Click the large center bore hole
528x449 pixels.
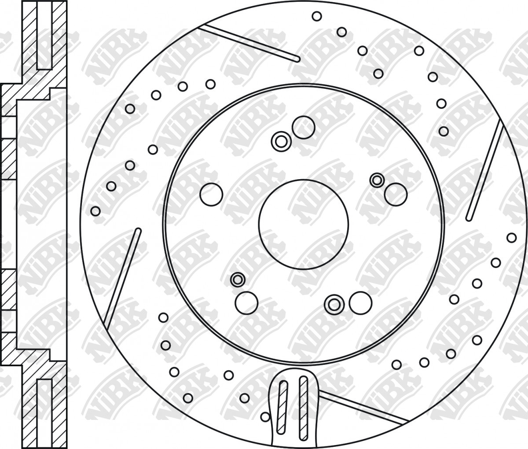click(304, 224)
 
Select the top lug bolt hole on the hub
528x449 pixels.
click(304, 127)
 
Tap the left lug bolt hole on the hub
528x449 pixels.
click(211, 195)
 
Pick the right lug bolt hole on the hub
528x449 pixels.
click(396, 194)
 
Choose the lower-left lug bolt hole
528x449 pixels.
click(246, 303)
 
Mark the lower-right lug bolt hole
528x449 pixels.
click(360, 303)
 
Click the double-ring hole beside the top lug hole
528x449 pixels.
click(281, 141)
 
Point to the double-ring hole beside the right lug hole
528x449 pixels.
click(377, 180)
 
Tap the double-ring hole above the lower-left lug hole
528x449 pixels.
click(238, 280)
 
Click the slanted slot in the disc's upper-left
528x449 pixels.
click(249, 44)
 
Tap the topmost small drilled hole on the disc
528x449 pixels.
click(317, 16)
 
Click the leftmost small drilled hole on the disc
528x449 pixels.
click(95, 211)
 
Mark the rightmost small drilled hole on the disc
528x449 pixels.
click(511, 238)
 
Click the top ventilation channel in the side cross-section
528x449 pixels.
click(45, 35)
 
